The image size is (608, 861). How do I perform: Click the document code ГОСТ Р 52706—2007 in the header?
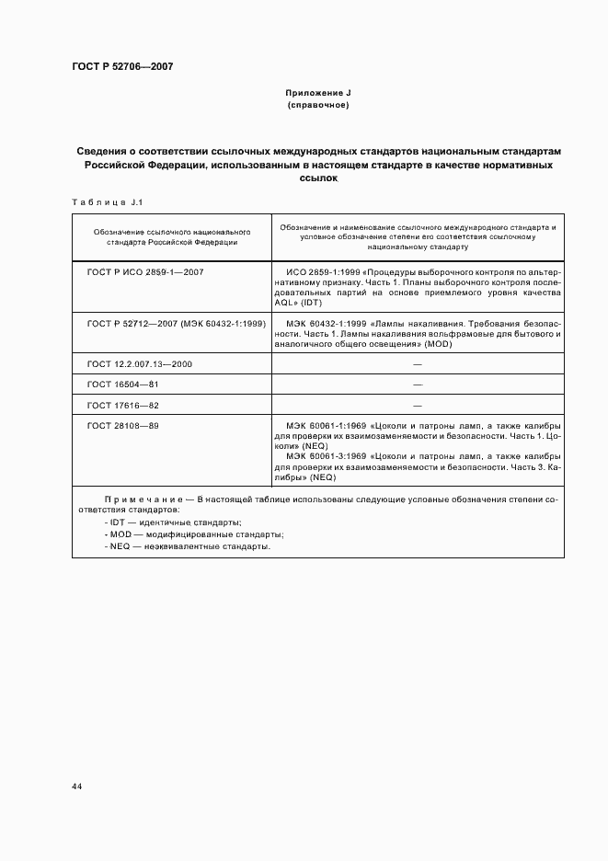122,67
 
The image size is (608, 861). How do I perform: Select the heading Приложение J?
317,94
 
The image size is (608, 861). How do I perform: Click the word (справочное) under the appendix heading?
317,106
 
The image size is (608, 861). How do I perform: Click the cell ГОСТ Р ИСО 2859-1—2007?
145,273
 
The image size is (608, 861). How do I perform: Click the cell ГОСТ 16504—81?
122,384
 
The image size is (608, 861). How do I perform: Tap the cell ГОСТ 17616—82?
122,405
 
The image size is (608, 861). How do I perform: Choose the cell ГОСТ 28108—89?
122,426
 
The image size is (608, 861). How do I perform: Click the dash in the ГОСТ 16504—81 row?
417,384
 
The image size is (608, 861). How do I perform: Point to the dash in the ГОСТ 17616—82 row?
417,405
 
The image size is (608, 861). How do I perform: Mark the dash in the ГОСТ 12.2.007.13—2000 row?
417,363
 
